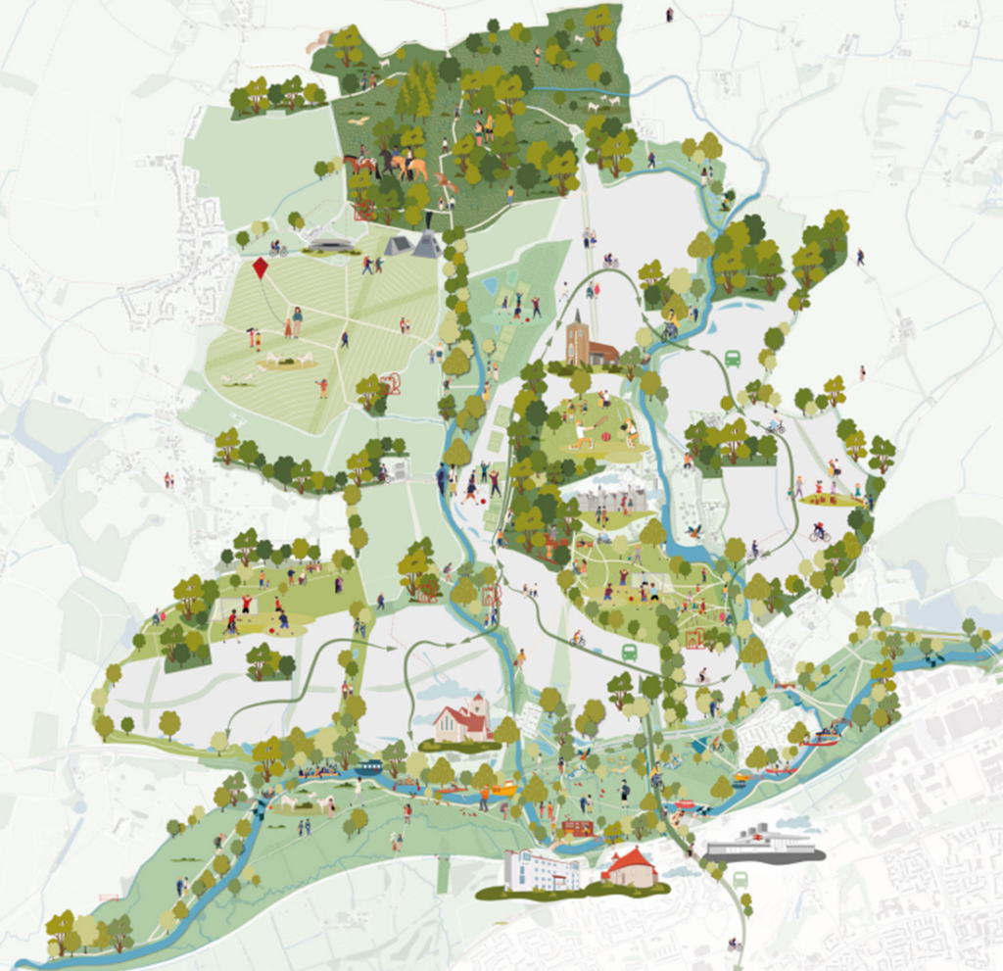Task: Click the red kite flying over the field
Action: [x=261, y=269]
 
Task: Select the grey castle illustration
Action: [x=611, y=501]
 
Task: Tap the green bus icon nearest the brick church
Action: [x=732, y=359]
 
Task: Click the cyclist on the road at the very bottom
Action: [x=732, y=945]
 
